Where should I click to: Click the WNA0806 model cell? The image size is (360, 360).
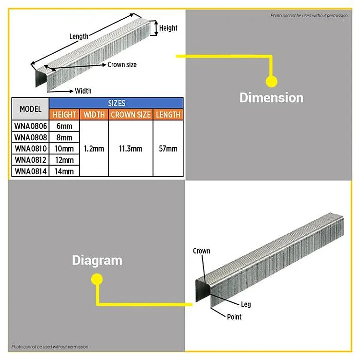(30, 126)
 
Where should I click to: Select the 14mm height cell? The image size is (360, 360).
(64, 171)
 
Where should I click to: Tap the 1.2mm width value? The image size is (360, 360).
(94, 148)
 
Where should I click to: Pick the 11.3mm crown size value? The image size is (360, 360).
(131, 148)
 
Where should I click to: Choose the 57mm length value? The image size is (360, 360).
(168, 148)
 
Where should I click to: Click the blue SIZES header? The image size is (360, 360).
(117, 103)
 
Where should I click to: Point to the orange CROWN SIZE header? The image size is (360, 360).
(131, 115)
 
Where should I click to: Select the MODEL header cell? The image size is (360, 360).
(30, 109)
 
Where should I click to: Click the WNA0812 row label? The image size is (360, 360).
(30, 160)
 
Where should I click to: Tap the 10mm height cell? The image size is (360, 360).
(64, 148)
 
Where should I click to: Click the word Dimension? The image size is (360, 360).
(271, 98)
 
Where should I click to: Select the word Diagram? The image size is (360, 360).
(97, 261)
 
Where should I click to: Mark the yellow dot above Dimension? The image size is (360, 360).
(271, 81)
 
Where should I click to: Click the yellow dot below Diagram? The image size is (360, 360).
(97, 279)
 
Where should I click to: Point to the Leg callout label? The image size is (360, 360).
(246, 304)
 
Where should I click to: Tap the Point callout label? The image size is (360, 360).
(234, 317)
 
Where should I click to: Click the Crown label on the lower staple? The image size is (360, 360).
(202, 251)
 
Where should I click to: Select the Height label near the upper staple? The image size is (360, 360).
(168, 28)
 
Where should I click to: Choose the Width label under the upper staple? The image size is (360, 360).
(83, 91)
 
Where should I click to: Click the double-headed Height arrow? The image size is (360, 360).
(156, 28)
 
